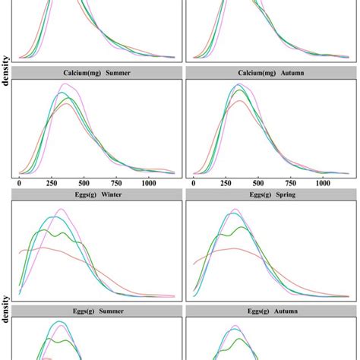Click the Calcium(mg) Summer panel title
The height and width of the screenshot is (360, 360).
[97, 73]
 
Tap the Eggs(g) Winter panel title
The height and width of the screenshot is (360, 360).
[97, 194]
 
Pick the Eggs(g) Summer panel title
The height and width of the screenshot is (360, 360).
[97, 311]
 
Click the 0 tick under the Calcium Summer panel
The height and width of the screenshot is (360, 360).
[19, 184]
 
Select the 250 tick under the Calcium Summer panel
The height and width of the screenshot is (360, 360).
[52, 184]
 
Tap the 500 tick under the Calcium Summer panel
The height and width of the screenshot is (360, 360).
[84, 184]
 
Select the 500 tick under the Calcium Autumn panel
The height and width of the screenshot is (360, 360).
[259, 184]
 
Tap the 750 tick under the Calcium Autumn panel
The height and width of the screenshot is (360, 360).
[292, 184]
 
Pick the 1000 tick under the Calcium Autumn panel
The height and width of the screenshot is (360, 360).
[324, 184]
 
